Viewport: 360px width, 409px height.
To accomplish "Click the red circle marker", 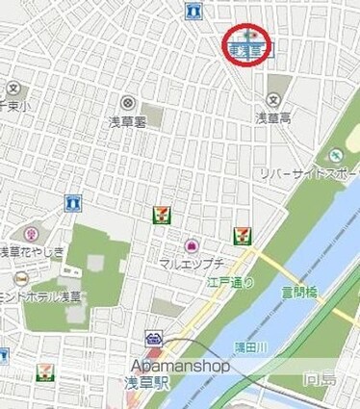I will (249, 45).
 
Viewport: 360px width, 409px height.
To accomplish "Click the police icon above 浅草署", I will (127, 102).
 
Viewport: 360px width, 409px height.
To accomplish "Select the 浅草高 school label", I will (272, 117).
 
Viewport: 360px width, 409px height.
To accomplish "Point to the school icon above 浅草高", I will (273, 100).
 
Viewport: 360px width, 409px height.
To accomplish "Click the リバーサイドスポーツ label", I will (308, 173).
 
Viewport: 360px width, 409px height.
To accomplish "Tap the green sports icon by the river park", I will (335, 155).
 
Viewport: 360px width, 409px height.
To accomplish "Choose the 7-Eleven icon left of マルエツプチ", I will (160, 215).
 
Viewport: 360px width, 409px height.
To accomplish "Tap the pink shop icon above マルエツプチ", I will (191, 246).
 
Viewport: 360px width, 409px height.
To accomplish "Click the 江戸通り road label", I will (229, 281).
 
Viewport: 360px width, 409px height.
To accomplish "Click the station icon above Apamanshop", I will (154, 339).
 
